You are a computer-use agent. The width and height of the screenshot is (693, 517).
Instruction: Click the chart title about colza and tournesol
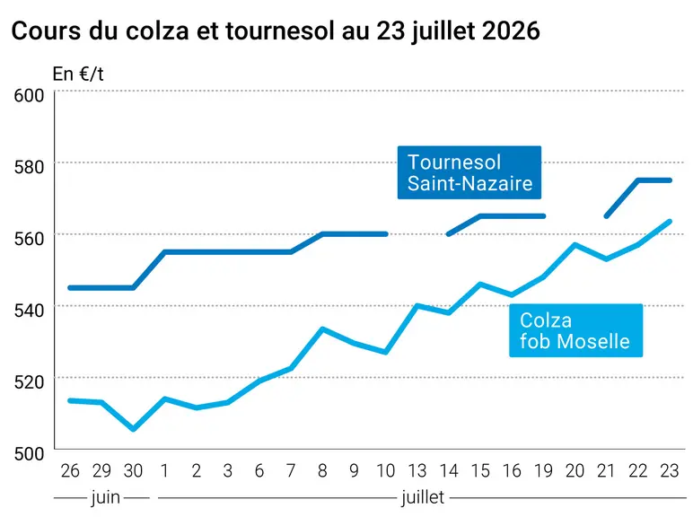click(x=276, y=31)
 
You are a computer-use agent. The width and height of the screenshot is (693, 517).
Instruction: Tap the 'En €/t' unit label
click(x=78, y=74)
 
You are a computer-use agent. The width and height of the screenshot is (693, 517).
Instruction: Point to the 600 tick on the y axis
click(x=29, y=95)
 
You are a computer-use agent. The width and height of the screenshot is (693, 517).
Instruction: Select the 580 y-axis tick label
click(x=29, y=167)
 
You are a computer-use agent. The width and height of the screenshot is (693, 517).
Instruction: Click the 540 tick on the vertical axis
click(x=29, y=311)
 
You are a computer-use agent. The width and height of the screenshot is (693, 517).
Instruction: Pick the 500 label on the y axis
click(x=29, y=454)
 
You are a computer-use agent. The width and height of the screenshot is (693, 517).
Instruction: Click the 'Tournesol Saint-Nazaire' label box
click(x=469, y=172)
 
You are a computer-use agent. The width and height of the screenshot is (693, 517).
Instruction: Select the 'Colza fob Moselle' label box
click(x=576, y=330)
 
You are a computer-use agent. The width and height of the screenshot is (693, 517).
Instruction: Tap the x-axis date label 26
click(x=70, y=471)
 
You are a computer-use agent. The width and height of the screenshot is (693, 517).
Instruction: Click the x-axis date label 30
click(x=133, y=471)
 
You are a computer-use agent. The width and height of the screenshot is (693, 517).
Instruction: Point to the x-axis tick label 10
click(x=385, y=471)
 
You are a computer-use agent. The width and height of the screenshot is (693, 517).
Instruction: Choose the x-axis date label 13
click(x=417, y=471)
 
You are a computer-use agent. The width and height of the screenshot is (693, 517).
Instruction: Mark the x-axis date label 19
click(x=543, y=471)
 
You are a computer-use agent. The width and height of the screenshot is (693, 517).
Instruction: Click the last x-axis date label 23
click(x=669, y=471)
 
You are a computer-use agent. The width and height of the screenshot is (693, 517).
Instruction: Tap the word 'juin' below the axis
click(x=106, y=498)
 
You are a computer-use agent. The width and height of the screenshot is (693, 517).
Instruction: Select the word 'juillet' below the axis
click(x=423, y=498)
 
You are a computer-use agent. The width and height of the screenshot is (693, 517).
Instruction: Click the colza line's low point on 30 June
click(x=134, y=429)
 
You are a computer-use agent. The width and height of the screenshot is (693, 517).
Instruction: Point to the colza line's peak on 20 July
click(x=575, y=244)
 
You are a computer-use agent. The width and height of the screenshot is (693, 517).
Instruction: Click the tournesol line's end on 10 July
click(x=386, y=234)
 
